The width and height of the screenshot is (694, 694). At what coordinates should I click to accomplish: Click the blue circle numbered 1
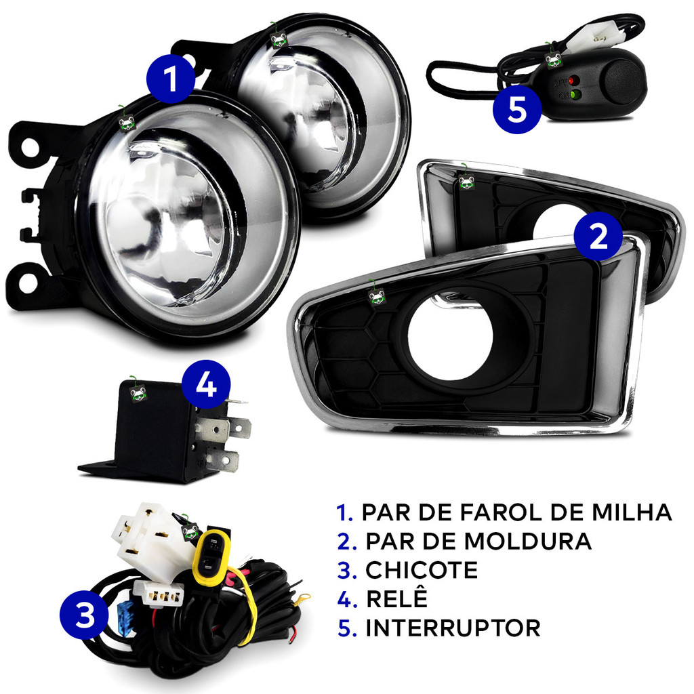[x=171, y=79]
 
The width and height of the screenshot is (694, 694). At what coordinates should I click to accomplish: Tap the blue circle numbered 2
[x=598, y=237]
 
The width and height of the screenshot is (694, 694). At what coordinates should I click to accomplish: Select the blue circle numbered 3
[x=84, y=614]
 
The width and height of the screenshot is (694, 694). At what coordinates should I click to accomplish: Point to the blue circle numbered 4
[x=206, y=385]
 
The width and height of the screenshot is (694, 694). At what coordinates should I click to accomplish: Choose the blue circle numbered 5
[x=517, y=109]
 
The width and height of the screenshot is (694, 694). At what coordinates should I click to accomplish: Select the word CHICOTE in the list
[x=422, y=570]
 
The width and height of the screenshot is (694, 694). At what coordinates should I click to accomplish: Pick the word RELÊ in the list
[x=396, y=598]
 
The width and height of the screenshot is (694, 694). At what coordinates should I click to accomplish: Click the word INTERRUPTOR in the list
[x=453, y=628]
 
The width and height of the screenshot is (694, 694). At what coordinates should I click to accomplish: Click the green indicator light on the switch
[x=575, y=94]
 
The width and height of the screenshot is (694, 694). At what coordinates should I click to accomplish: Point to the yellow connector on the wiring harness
[x=211, y=557]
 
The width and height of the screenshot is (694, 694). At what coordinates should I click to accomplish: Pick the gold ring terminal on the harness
[x=300, y=598]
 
